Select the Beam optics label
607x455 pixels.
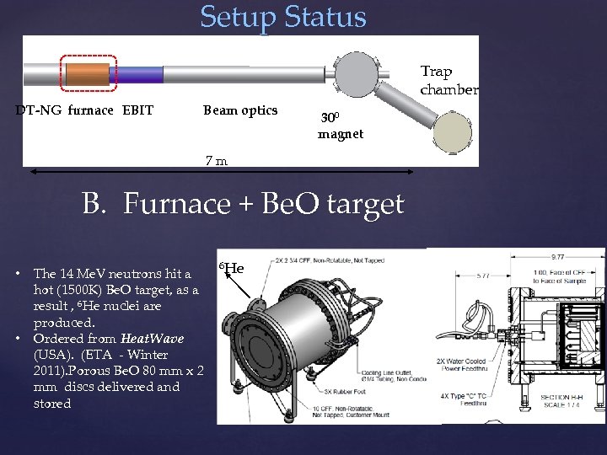click(x=240, y=110)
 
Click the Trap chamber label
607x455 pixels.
click(x=449, y=81)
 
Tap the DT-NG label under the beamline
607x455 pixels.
click(x=39, y=110)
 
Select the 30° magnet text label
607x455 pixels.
click(x=340, y=126)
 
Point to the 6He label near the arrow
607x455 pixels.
click(x=231, y=269)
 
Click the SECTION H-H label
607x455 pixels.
click(x=561, y=397)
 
